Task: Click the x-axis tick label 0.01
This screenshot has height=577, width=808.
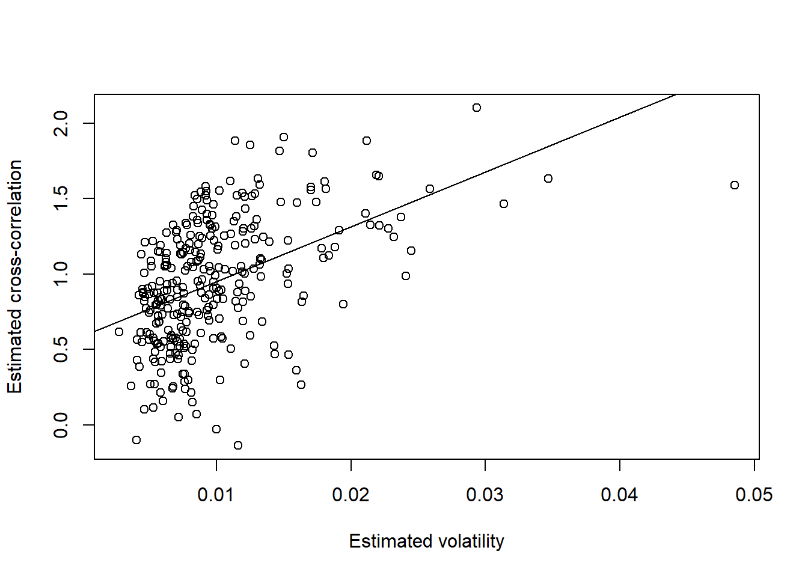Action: click(x=216, y=495)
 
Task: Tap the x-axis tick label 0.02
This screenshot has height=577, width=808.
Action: click(x=351, y=495)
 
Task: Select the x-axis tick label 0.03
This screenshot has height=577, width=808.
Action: click(x=485, y=495)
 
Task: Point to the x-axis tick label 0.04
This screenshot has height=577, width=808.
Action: click(x=620, y=495)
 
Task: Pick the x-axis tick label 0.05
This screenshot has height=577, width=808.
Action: click(x=754, y=495)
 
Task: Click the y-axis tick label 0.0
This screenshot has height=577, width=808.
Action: click(x=61, y=425)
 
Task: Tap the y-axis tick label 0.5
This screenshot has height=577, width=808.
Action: click(x=61, y=349)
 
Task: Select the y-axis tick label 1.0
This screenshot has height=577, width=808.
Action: click(x=61, y=274)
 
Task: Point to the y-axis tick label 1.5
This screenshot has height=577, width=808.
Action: click(x=61, y=198)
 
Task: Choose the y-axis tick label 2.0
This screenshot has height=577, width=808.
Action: click(x=61, y=123)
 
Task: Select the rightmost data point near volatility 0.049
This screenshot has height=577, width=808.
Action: click(x=735, y=185)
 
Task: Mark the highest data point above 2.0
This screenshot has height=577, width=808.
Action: click(x=477, y=108)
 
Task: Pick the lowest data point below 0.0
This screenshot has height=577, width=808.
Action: click(x=238, y=445)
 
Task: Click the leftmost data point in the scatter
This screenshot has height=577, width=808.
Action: click(x=119, y=332)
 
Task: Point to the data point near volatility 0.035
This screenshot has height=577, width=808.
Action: click(x=548, y=179)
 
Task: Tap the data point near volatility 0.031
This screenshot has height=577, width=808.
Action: click(x=504, y=204)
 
